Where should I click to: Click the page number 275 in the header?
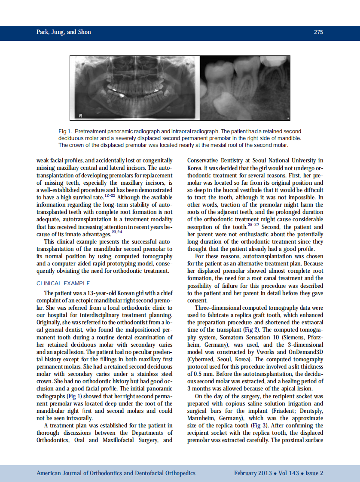coord(318,32)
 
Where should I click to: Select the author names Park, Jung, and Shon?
coord(64,32)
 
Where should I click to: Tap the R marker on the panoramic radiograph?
coord(80,115)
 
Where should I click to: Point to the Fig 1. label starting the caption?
coord(64,131)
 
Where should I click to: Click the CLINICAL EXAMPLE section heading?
coord(63,283)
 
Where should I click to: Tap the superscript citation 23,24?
coord(117,232)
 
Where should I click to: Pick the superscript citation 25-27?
coord(253,225)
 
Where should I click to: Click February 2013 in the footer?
coord(253,473)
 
